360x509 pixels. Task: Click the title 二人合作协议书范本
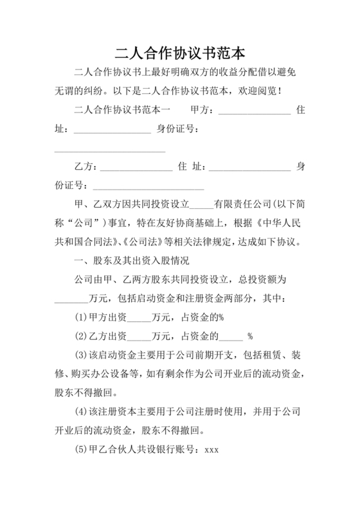[179, 51]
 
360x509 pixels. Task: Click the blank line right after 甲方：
[255, 111]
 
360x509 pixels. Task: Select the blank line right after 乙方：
[136, 167]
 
